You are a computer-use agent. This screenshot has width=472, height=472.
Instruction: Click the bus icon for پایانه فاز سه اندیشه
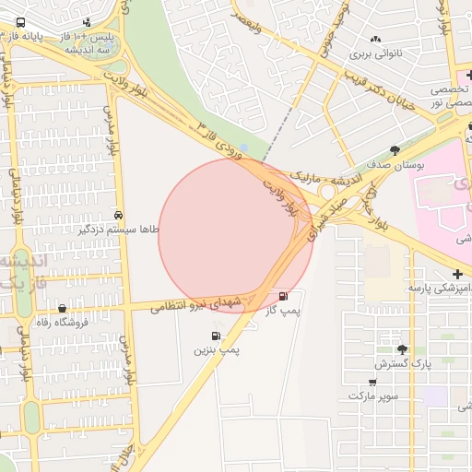20,24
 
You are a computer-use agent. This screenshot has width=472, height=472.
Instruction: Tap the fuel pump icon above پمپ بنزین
216,336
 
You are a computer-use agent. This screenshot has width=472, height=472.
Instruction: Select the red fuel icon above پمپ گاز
282,296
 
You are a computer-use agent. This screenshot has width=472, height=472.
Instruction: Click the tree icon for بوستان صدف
395,151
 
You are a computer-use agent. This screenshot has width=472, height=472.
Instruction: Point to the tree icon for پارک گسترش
402,349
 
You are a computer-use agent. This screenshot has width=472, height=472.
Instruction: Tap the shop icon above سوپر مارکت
372,382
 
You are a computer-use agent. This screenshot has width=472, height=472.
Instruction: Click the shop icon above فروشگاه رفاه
62,309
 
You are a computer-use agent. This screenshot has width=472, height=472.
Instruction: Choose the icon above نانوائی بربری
375,39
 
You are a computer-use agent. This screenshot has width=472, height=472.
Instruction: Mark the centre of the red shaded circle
236,236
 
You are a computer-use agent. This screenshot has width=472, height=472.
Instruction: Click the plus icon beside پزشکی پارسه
459,275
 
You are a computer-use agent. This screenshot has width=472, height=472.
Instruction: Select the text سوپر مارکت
372,395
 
